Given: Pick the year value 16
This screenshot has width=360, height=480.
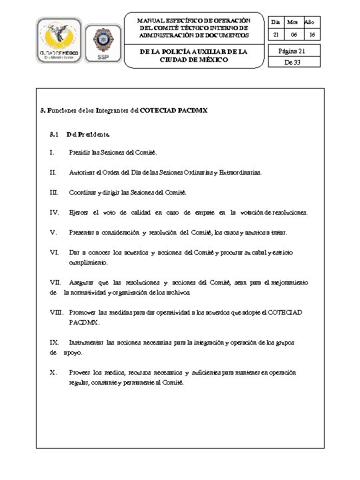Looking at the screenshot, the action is (311, 33).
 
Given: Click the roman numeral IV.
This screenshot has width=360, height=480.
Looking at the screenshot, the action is (55, 213).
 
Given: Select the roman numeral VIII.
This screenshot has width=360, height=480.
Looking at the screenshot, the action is (57, 312).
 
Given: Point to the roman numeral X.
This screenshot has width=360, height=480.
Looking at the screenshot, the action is (53, 372).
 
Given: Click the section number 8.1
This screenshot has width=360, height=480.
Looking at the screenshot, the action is (54, 134).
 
